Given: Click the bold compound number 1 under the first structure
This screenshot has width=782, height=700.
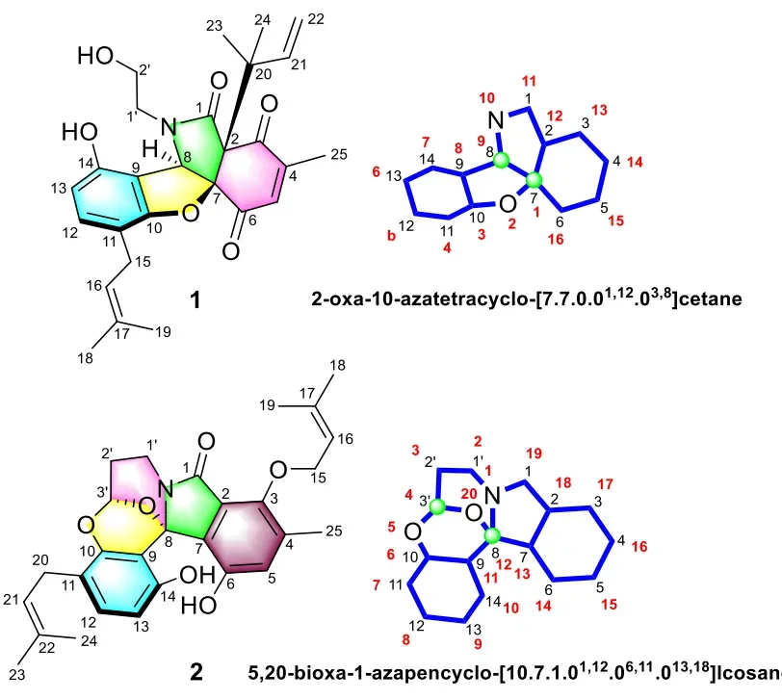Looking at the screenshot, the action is pyautogui.click(x=195, y=300).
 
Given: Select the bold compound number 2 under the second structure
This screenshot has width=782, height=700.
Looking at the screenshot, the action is pyautogui.click(x=196, y=673).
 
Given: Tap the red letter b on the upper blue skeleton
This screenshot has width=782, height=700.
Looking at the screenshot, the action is pyautogui.click(x=392, y=235).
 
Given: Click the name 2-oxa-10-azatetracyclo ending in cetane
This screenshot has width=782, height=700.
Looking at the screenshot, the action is pyautogui.click(x=527, y=298).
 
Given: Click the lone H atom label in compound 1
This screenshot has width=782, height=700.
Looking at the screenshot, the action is pyautogui.click(x=150, y=148).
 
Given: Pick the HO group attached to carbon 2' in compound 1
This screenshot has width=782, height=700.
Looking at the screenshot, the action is pyautogui.click(x=95, y=55).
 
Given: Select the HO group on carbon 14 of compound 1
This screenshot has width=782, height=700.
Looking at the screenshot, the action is pyautogui.click(x=80, y=133).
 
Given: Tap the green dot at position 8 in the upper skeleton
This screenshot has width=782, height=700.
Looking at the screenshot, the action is pyautogui.click(x=501, y=161).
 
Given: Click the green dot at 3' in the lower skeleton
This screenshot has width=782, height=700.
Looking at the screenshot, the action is pyautogui.click(x=438, y=507).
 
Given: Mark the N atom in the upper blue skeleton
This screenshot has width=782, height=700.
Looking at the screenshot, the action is pyautogui.click(x=496, y=120).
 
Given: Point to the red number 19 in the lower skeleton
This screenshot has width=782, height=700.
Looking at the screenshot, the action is pyautogui.click(x=534, y=454).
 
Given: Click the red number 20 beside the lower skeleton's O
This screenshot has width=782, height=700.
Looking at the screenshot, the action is pyautogui.click(x=469, y=493).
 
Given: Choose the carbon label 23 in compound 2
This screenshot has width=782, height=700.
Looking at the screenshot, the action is pyautogui.click(x=16, y=675).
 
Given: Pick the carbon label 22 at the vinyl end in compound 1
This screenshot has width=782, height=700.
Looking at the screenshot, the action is pyautogui.click(x=316, y=19).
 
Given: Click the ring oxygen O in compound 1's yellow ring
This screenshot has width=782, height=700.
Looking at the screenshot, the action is pyautogui.click(x=190, y=215).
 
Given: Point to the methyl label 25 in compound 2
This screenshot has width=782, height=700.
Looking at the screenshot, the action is pyautogui.click(x=333, y=531).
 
